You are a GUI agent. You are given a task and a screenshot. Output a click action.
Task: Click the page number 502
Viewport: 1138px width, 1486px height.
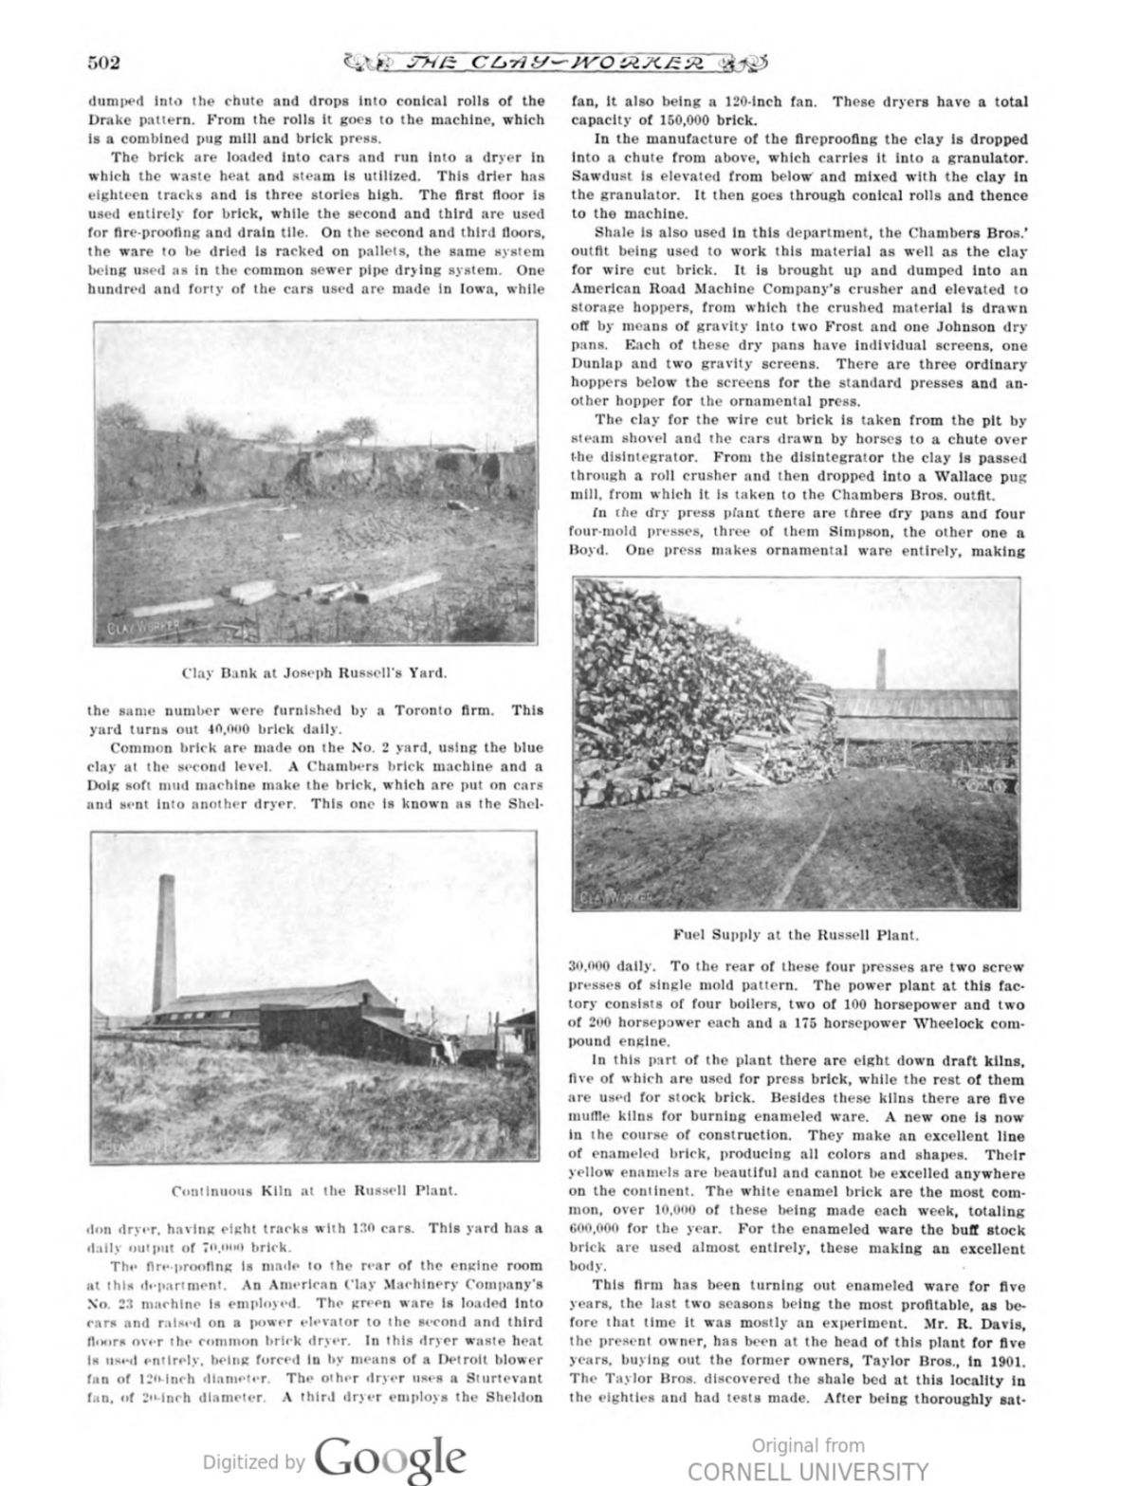click(x=103, y=64)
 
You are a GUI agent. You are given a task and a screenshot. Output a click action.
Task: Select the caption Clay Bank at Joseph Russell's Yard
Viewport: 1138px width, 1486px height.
click(x=314, y=673)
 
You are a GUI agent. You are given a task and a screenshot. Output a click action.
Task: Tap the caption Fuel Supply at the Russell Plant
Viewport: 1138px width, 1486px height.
click(x=796, y=934)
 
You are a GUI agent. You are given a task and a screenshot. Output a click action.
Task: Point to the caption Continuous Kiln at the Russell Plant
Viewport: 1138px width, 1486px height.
click(x=315, y=1189)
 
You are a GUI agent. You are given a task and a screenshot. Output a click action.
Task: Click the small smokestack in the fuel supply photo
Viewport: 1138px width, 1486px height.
click(x=881, y=670)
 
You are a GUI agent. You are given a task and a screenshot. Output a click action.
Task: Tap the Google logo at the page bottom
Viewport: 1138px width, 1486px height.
click(x=391, y=1458)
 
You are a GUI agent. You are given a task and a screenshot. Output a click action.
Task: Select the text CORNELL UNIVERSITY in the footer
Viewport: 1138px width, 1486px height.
click(x=808, y=1471)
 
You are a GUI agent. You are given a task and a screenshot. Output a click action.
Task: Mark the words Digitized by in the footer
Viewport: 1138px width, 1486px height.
click(x=255, y=1461)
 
